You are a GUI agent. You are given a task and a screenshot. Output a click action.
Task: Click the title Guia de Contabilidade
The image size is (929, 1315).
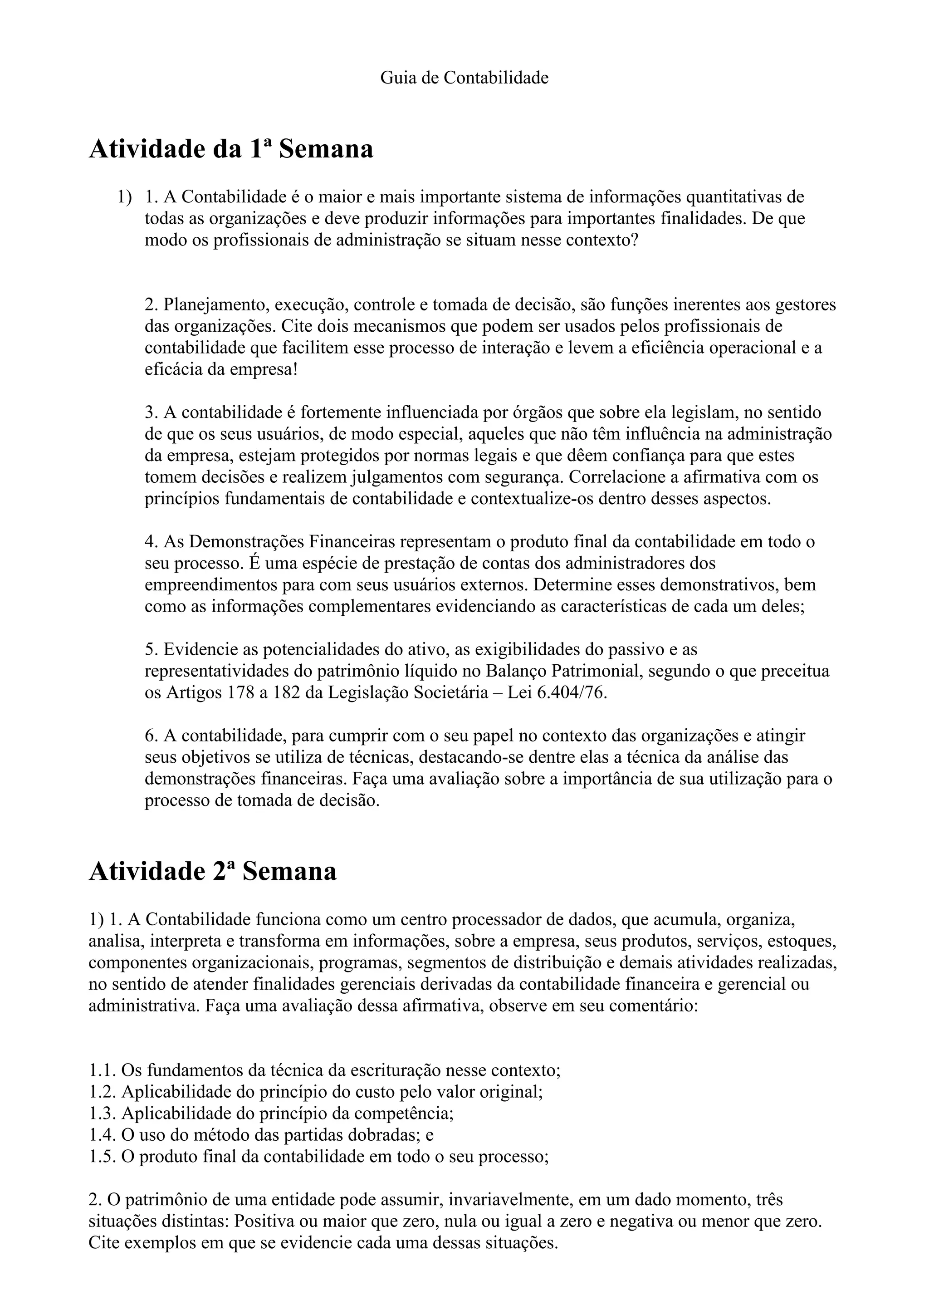[x=464, y=78]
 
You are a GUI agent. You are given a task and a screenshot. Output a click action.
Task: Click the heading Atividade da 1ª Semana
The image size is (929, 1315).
[x=231, y=149]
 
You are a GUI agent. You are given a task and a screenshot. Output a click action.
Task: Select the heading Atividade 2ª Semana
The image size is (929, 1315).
[x=212, y=871]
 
